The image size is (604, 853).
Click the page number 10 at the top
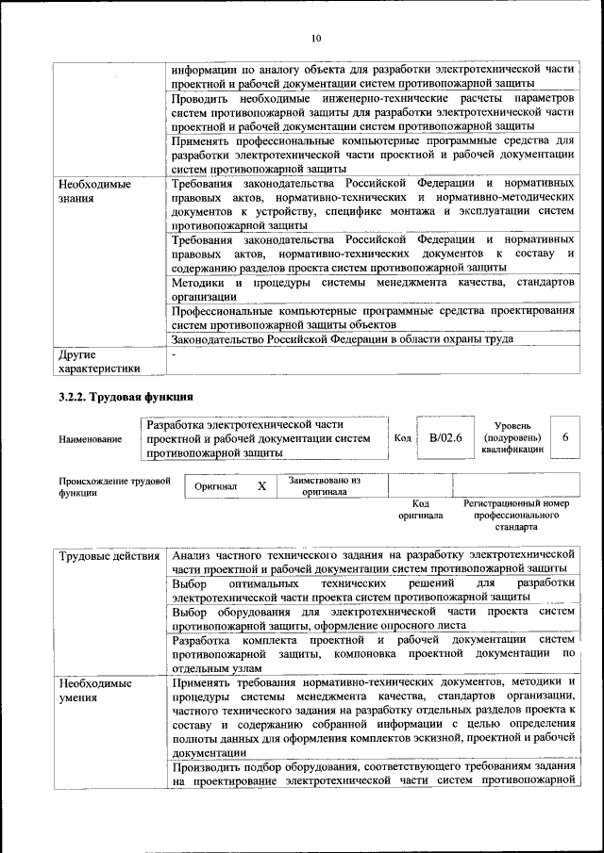point(316,38)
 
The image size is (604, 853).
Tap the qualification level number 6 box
point(564,438)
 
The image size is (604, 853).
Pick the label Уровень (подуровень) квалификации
point(512,437)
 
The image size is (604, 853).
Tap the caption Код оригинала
point(421,510)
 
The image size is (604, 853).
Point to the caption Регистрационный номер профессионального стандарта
point(515,516)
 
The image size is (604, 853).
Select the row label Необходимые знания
point(94,191)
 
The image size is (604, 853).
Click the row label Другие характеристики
point(99,361)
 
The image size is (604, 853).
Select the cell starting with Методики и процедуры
point(373,289)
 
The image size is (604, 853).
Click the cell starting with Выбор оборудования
point(373,618)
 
